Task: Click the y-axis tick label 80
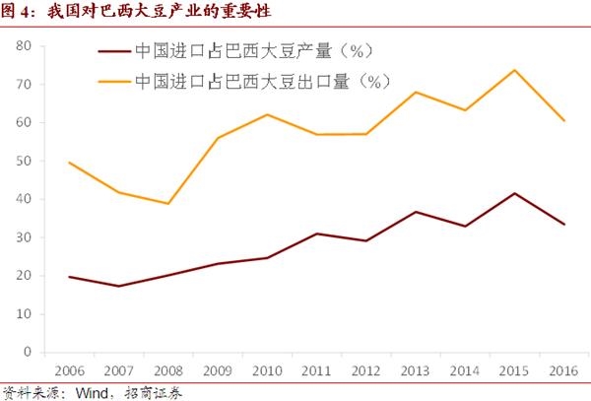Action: [26, 46]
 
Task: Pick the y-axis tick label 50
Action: [26, 161]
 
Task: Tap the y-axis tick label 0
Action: [30, 352]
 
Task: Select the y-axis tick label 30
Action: [26, 237]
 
